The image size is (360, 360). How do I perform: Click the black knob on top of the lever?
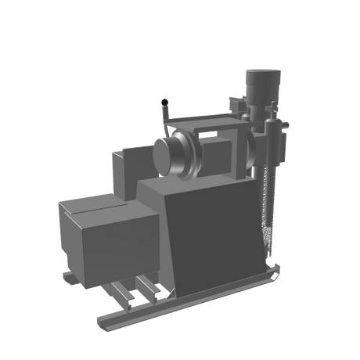pos(164,101)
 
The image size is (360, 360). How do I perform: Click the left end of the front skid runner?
pos(102,321)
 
